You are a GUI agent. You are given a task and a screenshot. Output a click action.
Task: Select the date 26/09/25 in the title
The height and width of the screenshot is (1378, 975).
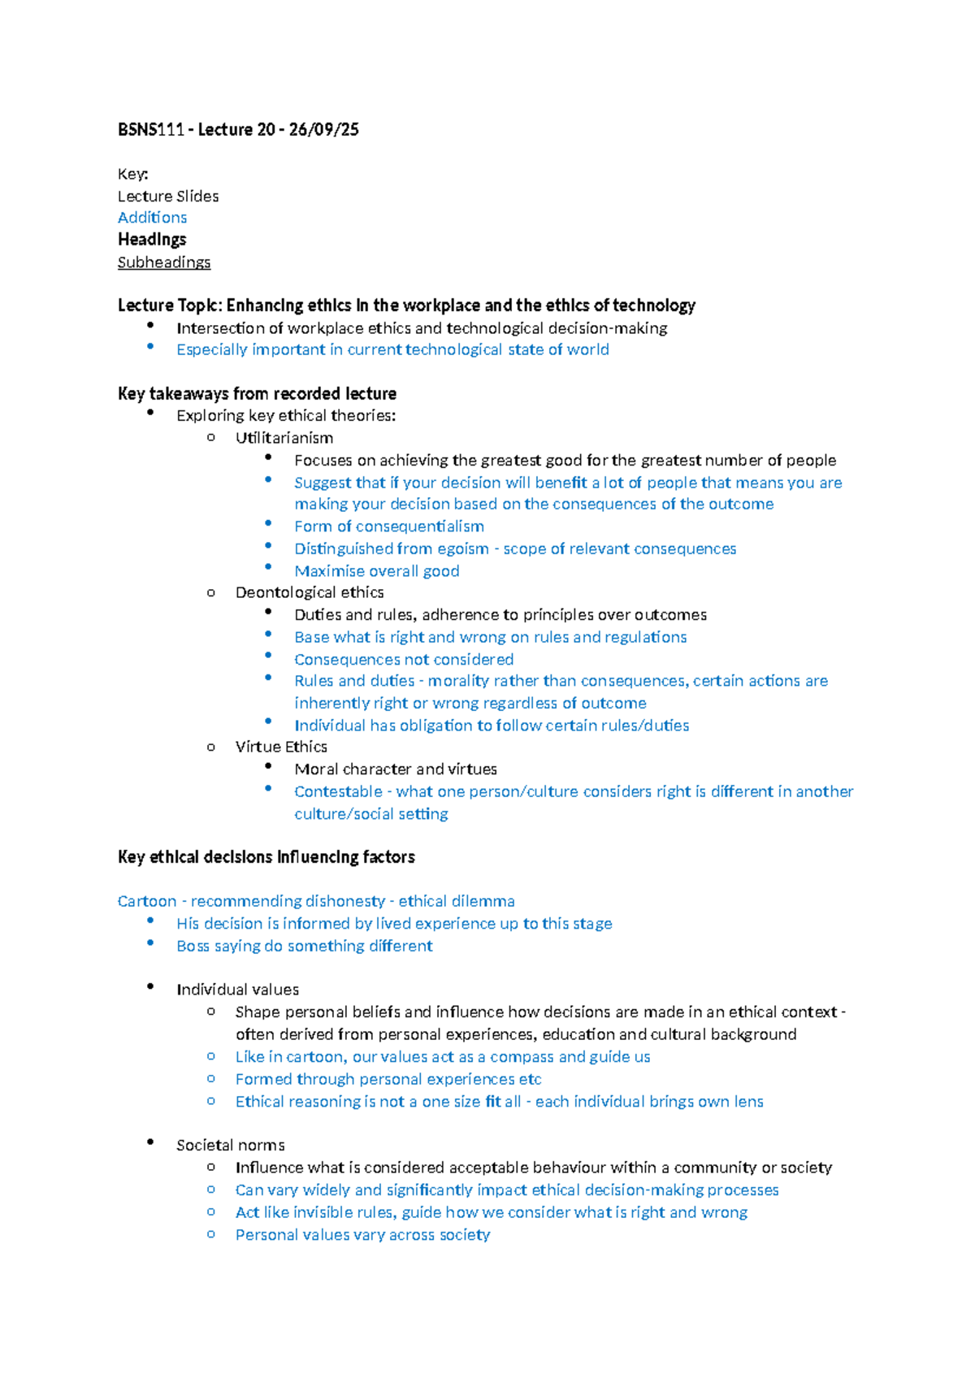(323, 130)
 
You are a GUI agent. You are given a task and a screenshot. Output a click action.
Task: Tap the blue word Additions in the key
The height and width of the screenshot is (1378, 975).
(152, 218)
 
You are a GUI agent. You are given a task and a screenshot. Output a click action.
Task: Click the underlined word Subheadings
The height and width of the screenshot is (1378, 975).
(164, 262)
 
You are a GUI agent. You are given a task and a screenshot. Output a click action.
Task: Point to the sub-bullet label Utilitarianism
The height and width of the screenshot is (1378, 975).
(284, 438)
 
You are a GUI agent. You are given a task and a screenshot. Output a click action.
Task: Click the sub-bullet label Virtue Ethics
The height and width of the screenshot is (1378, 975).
(281, 747)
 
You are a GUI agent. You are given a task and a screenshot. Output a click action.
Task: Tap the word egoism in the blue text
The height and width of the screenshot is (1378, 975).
(463, 549)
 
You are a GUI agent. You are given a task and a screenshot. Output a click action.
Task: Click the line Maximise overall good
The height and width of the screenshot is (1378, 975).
(377, 571)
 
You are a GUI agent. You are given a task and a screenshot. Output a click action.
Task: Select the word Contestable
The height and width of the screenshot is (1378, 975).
(338, 791)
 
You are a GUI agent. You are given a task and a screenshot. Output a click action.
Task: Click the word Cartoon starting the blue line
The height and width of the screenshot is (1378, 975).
(147, 901)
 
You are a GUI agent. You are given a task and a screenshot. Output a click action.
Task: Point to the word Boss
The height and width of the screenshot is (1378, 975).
(193, 946)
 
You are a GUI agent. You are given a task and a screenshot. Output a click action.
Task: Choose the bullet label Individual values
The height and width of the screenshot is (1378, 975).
(238, 990)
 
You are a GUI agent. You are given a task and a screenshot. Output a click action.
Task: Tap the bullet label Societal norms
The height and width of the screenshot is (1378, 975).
(231, 1145)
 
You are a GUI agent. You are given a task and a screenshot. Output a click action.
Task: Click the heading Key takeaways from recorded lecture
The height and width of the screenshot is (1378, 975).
(257, 394)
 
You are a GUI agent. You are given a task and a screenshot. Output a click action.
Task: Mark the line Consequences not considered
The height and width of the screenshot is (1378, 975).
(404, 660)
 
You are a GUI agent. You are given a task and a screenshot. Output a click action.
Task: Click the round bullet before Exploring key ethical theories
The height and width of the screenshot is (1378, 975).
(150, 414)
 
